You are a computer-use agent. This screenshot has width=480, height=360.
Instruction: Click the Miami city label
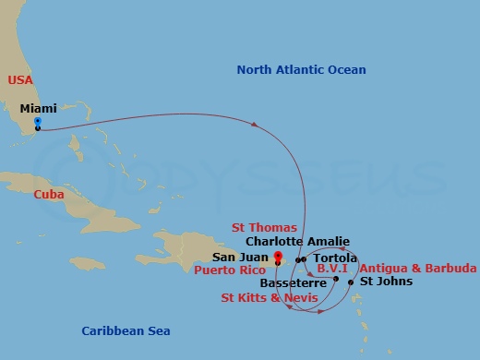tap(37, 108)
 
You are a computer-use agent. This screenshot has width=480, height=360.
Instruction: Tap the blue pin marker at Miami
tap(37, 121)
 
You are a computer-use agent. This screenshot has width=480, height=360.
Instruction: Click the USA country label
tap(20, 80)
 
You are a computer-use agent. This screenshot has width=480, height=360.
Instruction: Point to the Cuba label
tap(48, 195)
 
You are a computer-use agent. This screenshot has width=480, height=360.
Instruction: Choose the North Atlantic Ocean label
tap(301, 69)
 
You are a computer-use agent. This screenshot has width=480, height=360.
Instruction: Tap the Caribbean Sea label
tap(126, 330)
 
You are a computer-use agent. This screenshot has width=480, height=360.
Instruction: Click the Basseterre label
tap(293, 282)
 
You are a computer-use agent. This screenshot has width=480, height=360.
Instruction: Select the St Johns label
tap(378, 281)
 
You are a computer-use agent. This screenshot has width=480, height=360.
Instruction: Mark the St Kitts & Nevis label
tap(269, 297)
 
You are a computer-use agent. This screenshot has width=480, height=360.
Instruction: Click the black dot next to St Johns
tap(351, 282)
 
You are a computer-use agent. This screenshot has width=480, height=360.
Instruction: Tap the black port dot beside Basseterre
tap(335, 279)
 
